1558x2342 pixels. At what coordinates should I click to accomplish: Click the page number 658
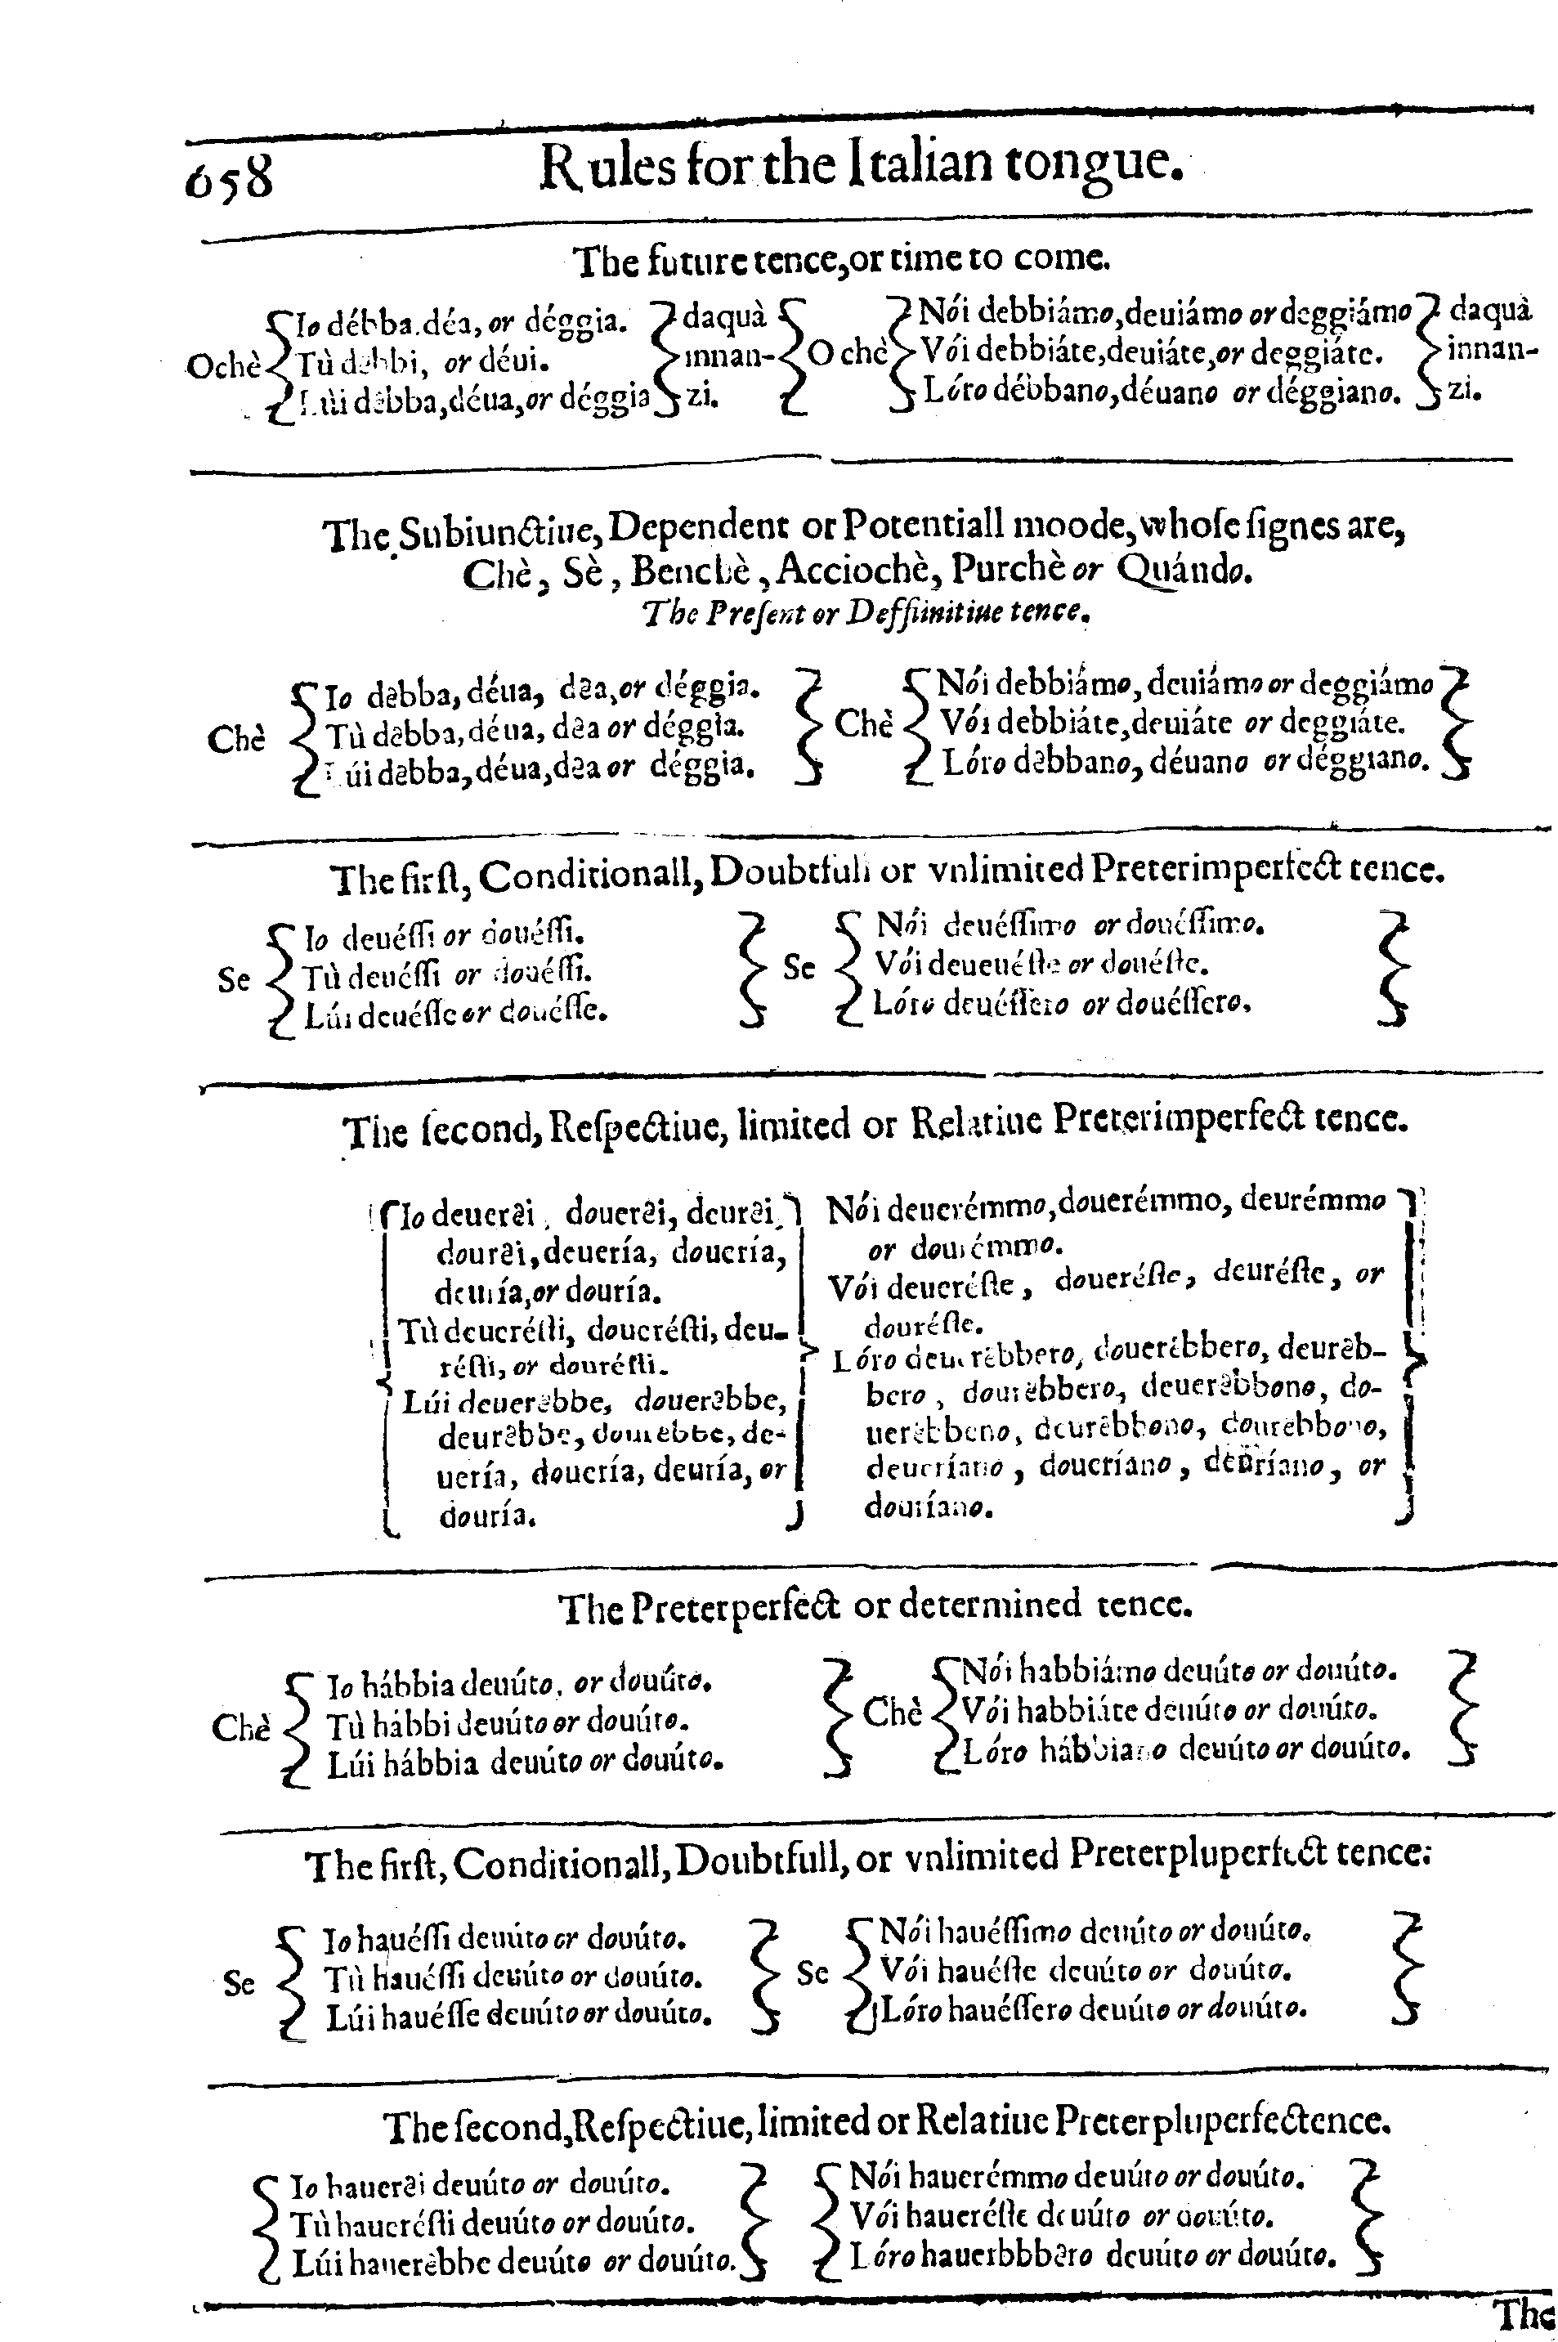tap(229, 176)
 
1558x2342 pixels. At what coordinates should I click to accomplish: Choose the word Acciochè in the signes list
tap(858, 571)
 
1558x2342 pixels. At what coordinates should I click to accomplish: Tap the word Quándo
tap(1184, 571)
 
